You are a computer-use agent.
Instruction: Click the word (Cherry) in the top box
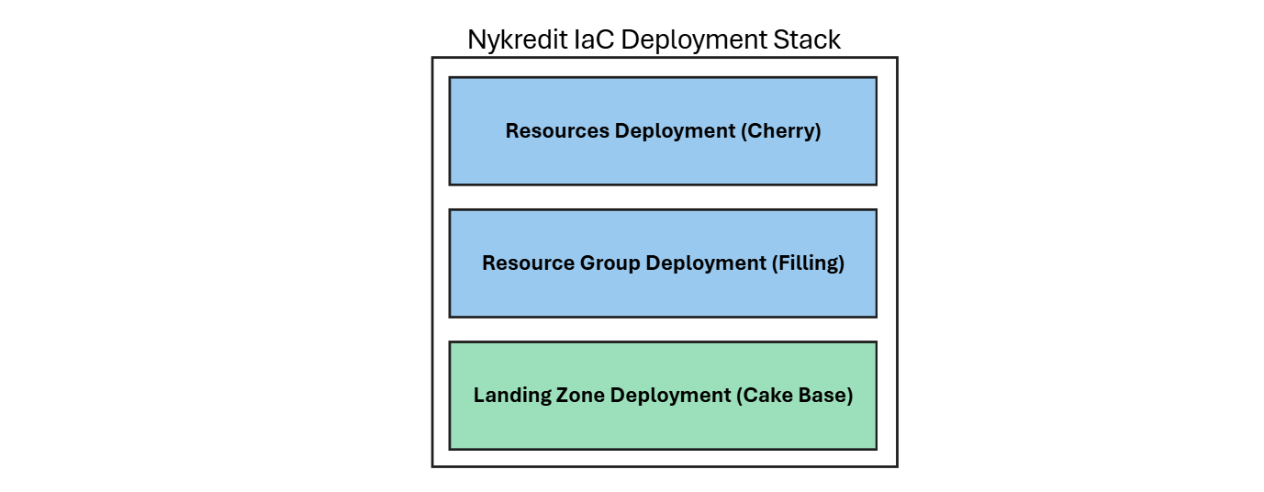pos(780,131)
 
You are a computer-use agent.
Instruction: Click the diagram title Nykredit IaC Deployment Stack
pos(654,40)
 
